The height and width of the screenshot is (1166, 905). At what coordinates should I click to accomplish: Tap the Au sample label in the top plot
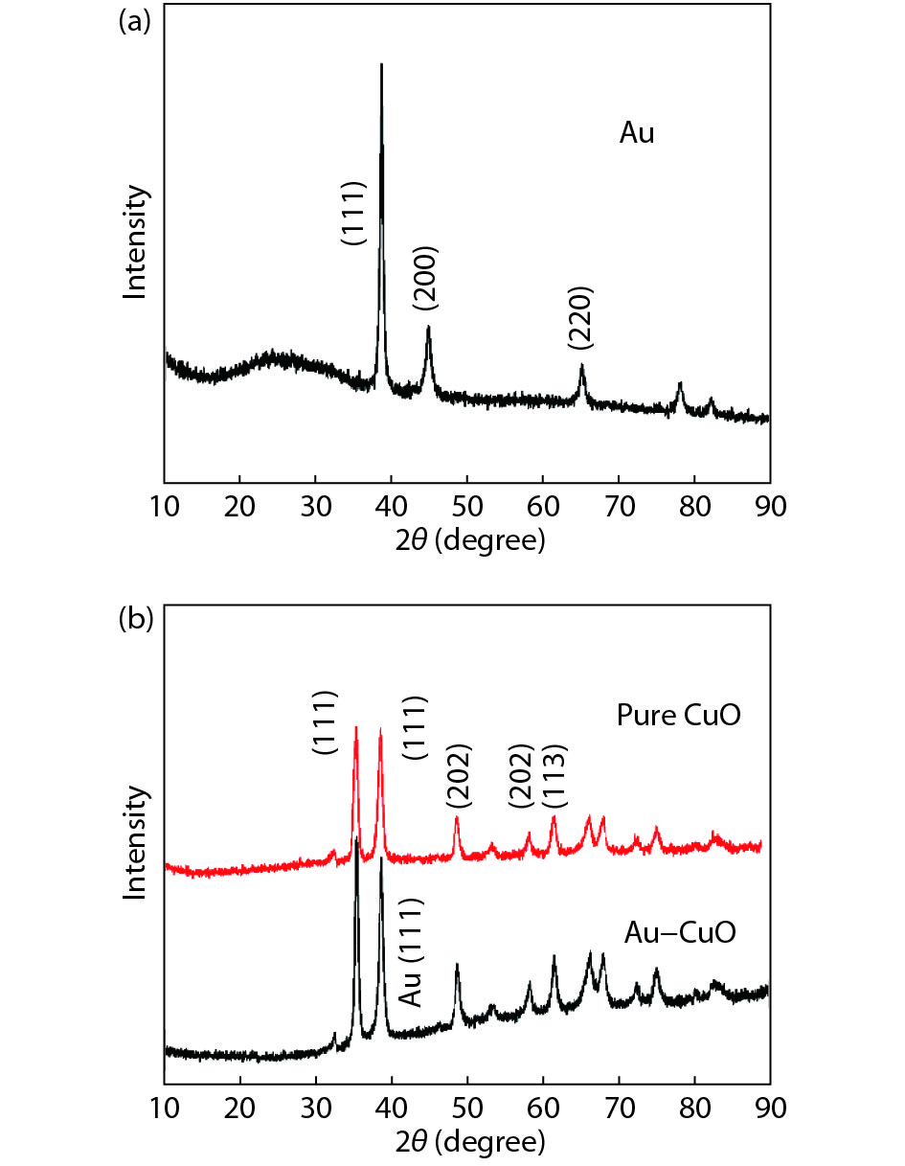[x=637, y=134]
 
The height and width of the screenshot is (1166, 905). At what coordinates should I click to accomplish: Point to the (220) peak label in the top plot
[x=580, y=317]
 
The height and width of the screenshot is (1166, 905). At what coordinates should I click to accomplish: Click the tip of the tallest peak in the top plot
[x=382, y=65]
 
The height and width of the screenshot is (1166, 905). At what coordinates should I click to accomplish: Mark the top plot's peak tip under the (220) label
[x=581, y=366]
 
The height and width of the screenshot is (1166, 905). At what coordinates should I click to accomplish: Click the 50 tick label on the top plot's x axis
[x=466, y=505]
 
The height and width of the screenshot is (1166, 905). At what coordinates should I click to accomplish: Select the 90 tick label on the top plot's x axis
[x=769, y=505]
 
